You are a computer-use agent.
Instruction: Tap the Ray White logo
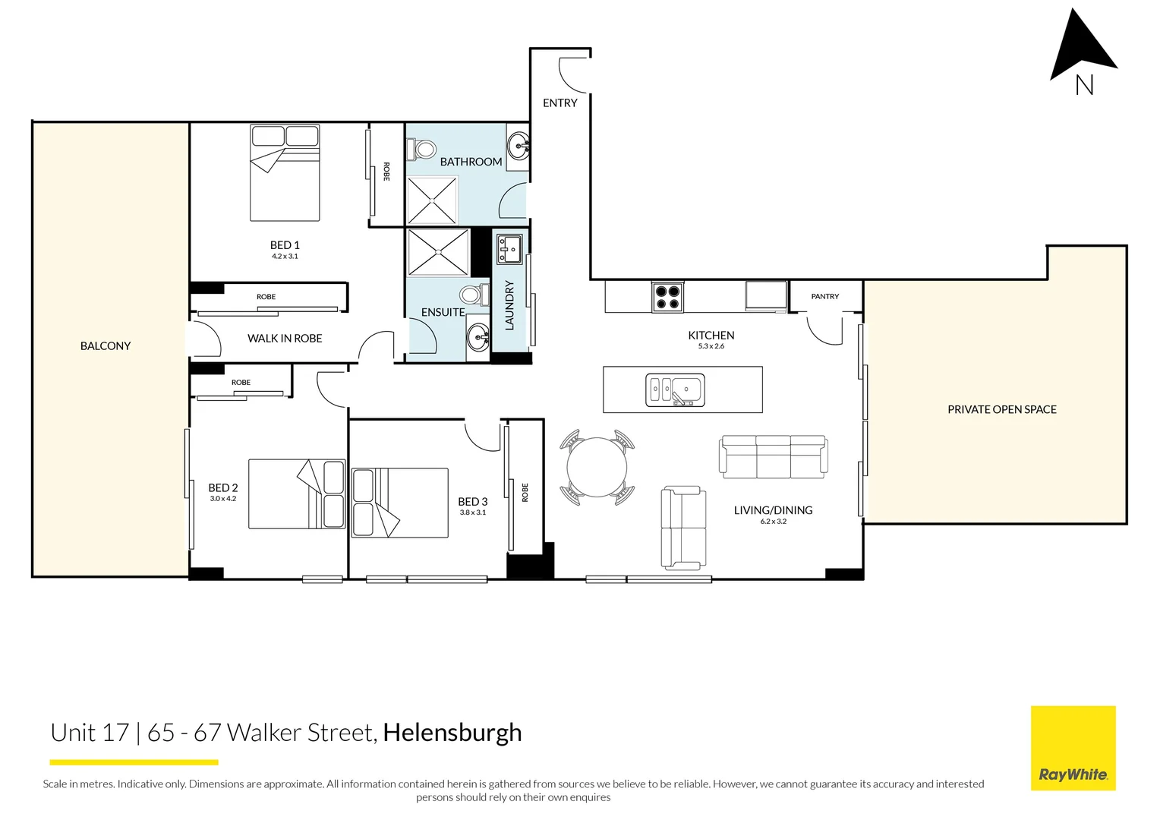coord(1073,749)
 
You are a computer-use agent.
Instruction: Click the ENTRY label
coord(560,103)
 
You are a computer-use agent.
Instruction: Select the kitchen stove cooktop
coord(667,297)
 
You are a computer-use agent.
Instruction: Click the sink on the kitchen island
coord(675,390)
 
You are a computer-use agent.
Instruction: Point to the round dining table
coord(597,468)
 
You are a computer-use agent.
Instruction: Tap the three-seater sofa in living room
coord(773,456)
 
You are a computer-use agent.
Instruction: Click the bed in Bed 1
coord(285,173)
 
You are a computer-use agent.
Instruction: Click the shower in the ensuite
coord(438,252)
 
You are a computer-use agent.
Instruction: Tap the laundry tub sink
coord(509,249)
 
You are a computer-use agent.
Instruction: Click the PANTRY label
coord(824,297)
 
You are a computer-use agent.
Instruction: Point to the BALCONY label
coord(106,346)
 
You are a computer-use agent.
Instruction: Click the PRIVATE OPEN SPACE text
coord(1001,410)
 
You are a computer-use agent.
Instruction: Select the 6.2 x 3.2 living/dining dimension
coord(773,522)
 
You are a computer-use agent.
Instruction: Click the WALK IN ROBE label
coord(285,339)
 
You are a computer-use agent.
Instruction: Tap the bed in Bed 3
coord(399,503)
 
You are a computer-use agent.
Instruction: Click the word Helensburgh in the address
coord(452,733)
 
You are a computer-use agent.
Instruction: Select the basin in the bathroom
coord(519,143)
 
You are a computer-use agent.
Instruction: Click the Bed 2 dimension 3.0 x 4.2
coord(223,500)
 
